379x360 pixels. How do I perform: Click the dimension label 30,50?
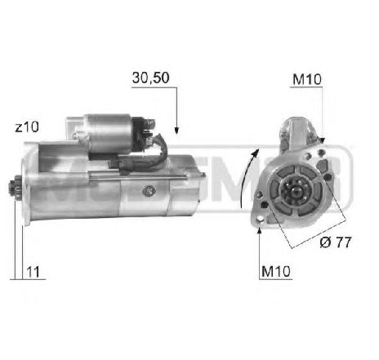coord(150,78)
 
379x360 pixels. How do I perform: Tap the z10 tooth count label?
coord(27,127)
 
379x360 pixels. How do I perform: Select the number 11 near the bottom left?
coord(33,272)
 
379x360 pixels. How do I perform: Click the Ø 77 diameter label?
coord(336,242)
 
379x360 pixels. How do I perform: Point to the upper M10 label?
coord(307,79)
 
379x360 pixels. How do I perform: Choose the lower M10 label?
coord(276,271)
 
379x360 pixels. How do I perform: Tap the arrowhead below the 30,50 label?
coord(176,131)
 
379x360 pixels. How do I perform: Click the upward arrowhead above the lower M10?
coord(260,230)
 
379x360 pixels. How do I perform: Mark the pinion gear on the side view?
coord(13,188)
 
